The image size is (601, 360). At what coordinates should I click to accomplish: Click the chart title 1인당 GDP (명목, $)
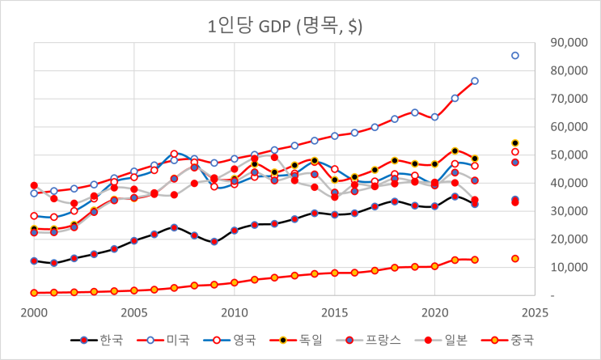[x=285, y=26]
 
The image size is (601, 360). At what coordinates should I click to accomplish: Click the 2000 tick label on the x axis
[x=34, y=311]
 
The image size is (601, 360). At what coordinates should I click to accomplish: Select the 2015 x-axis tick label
[x=334, y=311]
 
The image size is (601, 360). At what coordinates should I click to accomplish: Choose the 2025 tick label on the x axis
[x=534, y=311]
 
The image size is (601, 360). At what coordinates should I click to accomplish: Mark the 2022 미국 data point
[x=475, y=81]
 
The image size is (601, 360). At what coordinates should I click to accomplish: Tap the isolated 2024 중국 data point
[x=514, y=259]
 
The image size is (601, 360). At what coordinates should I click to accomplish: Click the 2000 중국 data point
[x=34, y=293]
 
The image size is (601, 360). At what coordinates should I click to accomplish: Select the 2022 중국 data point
[x=475, y=260]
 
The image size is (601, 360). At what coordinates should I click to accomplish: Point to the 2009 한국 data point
[x=214, y=242]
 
